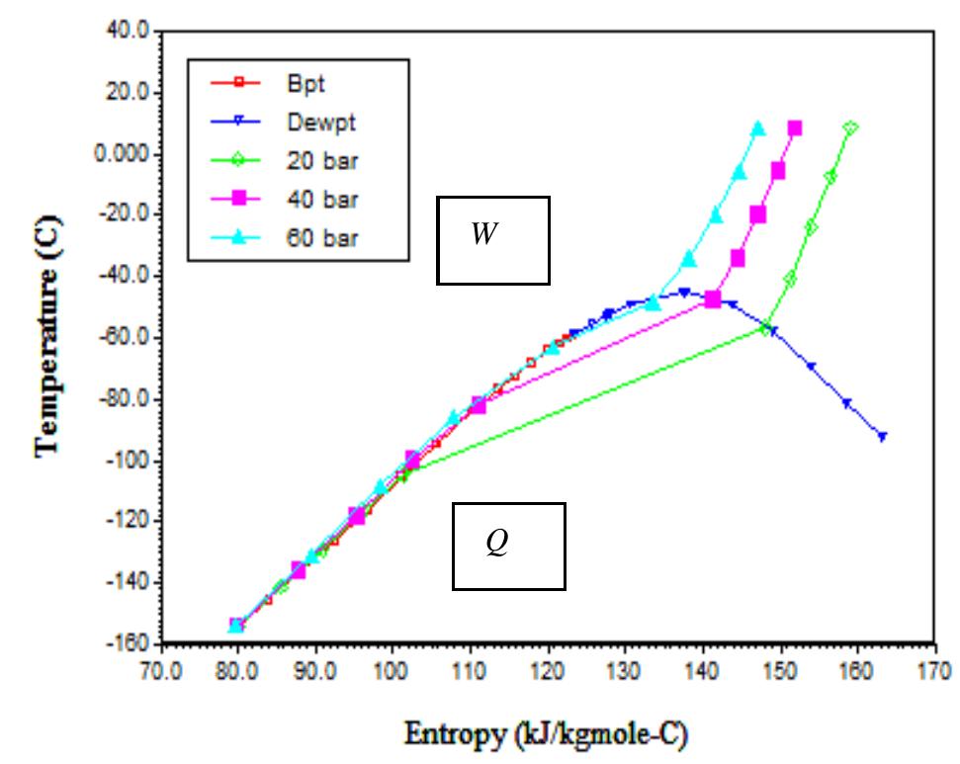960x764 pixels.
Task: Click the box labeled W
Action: pyautogui.click(x=492, y=240)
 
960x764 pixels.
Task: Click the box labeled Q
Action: pyautogui.click(x=508, y=546)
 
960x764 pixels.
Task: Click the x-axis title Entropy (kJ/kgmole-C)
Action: pyautogui.click(x=546, y=735)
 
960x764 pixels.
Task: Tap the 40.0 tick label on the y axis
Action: pyautogui.click(x=126, y=32)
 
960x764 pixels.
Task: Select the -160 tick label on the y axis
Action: pyautogui.click(x=128, y=645)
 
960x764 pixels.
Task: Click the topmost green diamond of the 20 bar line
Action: pyautogui.click(x=849, y=127)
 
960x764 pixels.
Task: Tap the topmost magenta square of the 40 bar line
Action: pyautogui.click(x=794, y=128)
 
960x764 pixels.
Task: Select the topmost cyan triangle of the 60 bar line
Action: pyautogui.click(x=758, y=128)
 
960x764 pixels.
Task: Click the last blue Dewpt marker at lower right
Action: pyautogui.click(x=882, y=436)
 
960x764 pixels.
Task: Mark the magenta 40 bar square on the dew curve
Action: pyautogui.click(x=713, y=299)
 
